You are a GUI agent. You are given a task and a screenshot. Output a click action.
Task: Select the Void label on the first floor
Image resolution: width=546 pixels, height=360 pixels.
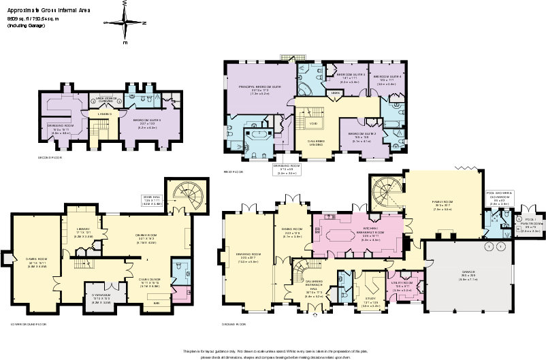(x=313, y=123)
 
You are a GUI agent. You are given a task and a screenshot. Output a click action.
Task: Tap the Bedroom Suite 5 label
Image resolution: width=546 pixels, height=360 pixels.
(x=147, y=120)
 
